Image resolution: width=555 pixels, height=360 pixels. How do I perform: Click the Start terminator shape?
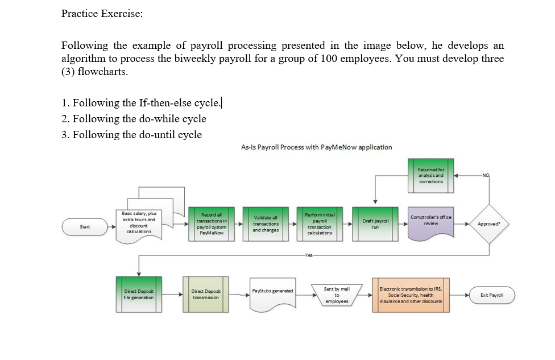[85, 227]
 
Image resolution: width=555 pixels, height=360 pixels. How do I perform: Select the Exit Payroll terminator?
[491, 295]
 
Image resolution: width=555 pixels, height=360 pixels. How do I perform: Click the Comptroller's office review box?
[430, 224]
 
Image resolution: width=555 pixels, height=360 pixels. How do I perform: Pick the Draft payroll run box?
[375, 224]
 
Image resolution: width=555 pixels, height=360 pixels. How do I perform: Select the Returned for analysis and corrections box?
[430, 175]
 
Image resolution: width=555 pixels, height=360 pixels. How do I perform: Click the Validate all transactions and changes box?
[266, 224]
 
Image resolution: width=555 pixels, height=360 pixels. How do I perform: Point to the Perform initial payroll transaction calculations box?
[320, 224]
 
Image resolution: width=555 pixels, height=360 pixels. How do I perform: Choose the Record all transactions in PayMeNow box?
[211, 224]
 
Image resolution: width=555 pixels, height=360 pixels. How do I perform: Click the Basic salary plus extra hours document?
[139, 224]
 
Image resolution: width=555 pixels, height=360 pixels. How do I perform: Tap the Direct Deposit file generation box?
[139, 295]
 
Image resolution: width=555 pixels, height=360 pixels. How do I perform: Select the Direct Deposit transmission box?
[206, 295]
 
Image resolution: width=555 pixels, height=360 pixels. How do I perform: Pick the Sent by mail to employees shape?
[337, 295]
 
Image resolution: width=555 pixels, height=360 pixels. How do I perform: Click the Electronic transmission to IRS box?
[411, 295]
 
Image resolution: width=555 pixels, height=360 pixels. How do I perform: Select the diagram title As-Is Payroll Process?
[316, 147]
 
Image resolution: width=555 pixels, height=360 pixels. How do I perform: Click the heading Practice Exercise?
[102, 14]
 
